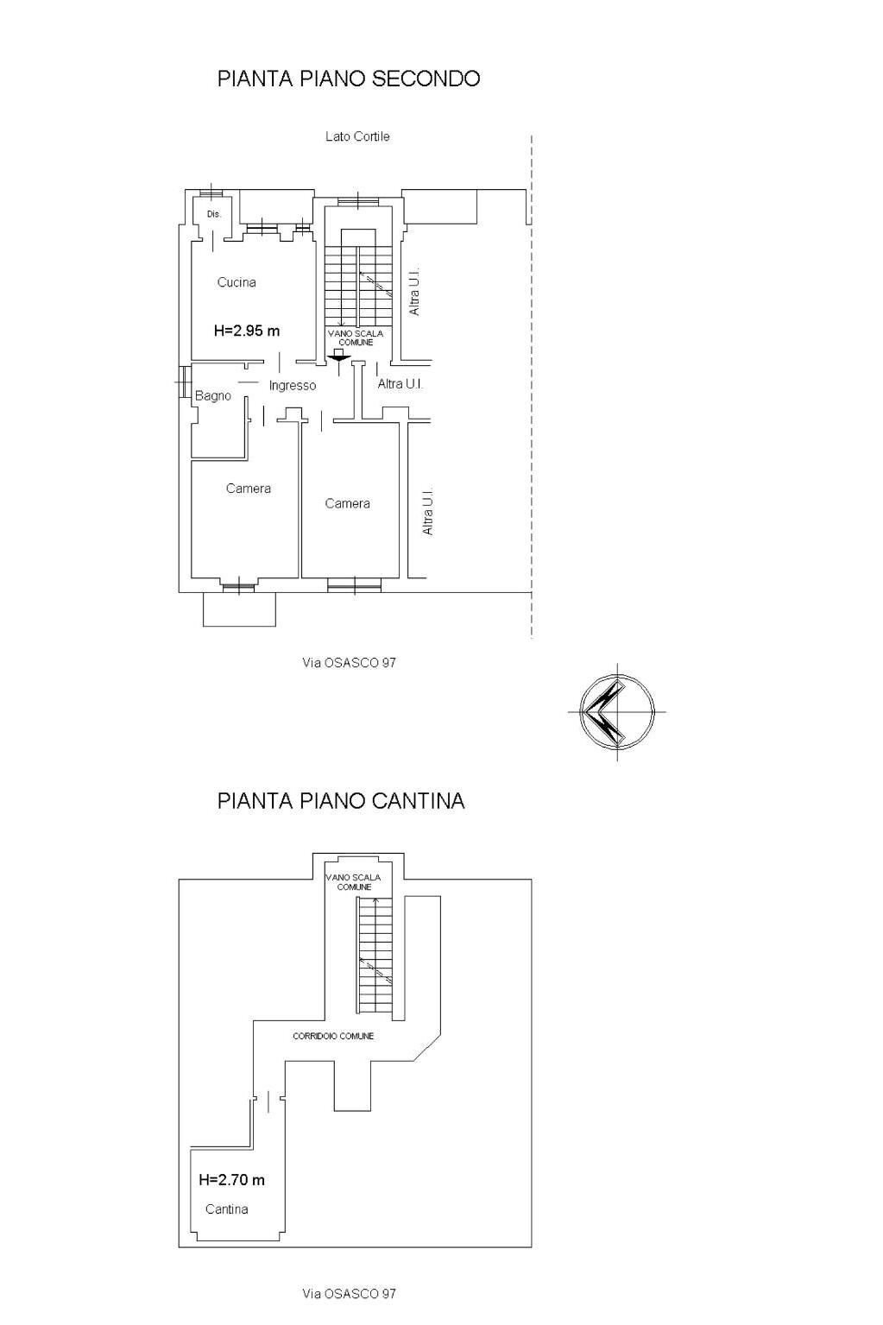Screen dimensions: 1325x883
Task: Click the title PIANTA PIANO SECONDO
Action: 349,79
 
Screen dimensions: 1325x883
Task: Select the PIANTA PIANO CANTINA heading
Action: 341,801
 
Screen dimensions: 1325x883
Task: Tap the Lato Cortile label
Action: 357,136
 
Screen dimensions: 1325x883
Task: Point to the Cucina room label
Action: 237,282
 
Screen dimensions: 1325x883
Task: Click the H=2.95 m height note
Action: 247,331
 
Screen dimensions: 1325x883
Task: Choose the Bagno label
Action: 213,395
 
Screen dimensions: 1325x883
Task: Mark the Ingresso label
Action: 293,386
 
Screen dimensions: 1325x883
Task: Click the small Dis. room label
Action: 214,213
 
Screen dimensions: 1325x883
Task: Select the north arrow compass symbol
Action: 617,712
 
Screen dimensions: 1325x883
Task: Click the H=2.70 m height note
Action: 231,1180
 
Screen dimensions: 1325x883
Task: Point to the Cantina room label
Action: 227,1209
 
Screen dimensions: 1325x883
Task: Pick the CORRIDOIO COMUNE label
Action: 333,1036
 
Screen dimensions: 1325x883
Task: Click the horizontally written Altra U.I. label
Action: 401,384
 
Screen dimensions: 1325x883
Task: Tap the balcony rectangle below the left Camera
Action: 239,609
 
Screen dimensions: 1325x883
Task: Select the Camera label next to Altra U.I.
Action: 347,503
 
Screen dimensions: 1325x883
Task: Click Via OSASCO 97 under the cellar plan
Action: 350,1293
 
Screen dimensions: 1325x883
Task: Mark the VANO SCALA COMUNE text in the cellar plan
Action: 353,882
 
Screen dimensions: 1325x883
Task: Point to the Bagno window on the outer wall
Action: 184,382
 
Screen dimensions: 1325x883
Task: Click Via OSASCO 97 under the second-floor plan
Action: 349,663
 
